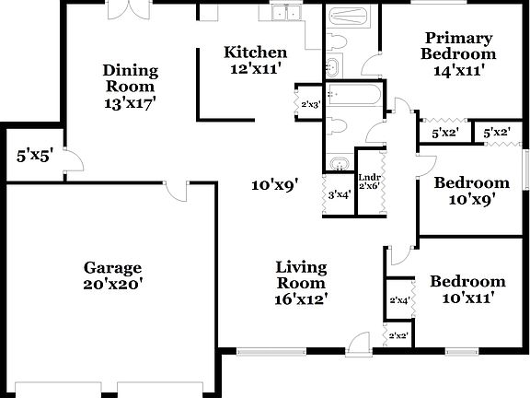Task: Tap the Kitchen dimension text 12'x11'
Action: [x=256, y=68]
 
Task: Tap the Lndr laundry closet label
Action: [x=369, y=177]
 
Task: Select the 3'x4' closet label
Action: [x=340, y=193]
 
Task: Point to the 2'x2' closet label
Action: [x=398, y=336]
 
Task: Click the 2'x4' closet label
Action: [x=398, y=300]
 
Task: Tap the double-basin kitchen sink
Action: [x=290, y=14]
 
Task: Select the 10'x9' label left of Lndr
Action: [x=276, y=185]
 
